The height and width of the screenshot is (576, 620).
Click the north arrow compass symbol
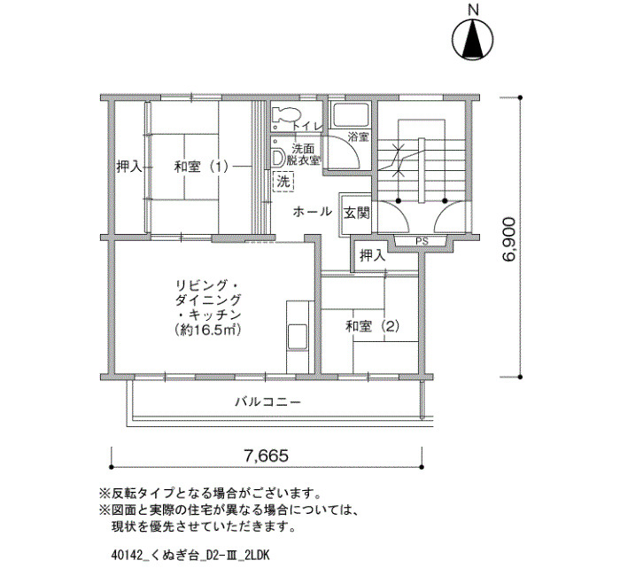click(x=472, y=40)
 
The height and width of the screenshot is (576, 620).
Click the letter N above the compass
click(x=473, y=10)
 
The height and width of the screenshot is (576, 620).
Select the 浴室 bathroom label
click(x=358, y=137)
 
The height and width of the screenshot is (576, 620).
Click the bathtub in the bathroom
click(x=351, y=115)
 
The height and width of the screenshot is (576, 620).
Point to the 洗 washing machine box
click(x=283, y=182)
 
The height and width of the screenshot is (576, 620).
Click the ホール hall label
click(x=312, y=212)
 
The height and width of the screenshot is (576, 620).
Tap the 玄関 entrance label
click(x=357, y=214)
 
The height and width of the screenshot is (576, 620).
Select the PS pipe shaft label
click(x=422, y=241)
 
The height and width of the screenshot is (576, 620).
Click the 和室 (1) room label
click(x=201, y=167)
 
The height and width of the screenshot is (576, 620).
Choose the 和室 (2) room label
click(x=372, y=326)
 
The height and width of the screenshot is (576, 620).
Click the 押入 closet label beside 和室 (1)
click(x=129, y=167)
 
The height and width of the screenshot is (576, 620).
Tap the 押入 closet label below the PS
click(x=373, y=256)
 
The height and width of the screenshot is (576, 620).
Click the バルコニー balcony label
click(x=268, y=402)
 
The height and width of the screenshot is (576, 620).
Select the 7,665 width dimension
click(x=266, y=456)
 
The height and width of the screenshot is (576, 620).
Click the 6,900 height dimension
click(x=509, y=239)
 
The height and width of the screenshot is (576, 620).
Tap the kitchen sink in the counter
click(x=298, y=337)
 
